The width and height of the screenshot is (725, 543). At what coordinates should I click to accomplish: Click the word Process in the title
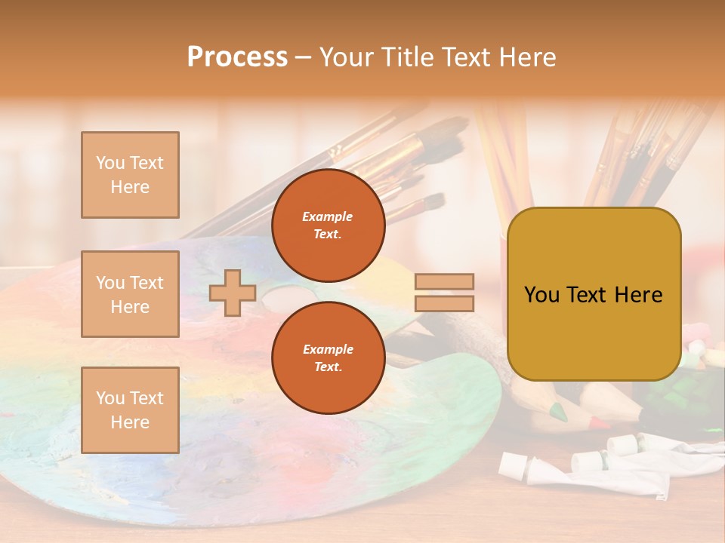coord(237,57)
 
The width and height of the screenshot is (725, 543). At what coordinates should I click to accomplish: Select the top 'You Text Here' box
coord(130,175)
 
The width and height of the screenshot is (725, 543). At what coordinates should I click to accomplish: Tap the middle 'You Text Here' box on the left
coord(130,294)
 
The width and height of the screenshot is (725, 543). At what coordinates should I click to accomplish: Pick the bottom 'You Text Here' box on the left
coord(130,410)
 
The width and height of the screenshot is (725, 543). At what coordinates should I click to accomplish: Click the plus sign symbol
coord(232,293)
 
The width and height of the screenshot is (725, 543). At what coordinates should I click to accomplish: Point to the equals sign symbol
coord(444,293)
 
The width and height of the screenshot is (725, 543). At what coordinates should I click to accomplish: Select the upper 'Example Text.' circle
coord(328,225)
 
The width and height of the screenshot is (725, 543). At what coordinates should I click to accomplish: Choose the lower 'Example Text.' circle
coord(328,358)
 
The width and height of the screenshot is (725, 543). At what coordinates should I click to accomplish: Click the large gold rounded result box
coord(594,294)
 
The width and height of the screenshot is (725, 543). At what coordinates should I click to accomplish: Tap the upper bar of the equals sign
coord(444,282)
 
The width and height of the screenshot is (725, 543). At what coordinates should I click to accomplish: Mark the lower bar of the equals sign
coord(444,304)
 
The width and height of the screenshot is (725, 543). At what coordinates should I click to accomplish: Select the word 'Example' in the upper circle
coord(328,217)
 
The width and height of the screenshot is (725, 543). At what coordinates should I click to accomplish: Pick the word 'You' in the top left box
coord(110,163)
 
